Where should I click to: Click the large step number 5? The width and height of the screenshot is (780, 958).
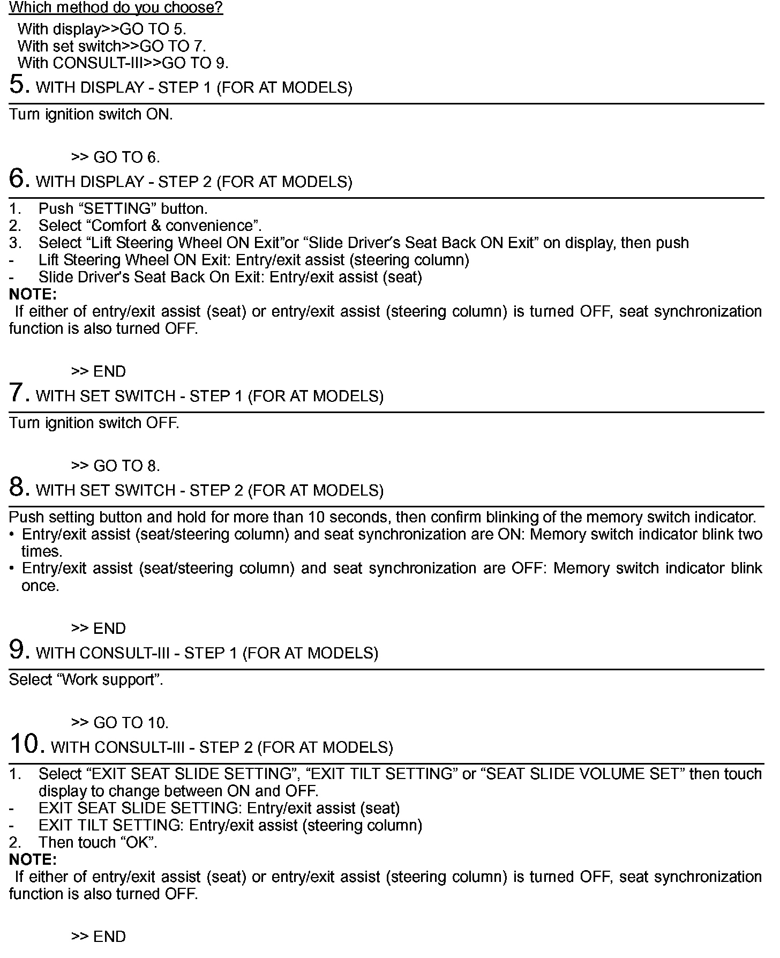(18, 85)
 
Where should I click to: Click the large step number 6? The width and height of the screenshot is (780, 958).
(18, 179)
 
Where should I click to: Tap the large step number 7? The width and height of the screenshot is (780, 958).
(18, 393)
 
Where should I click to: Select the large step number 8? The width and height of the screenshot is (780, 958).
(18, 488)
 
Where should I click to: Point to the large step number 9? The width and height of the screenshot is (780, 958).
(18, 650)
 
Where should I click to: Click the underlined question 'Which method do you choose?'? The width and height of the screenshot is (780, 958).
(116, 8)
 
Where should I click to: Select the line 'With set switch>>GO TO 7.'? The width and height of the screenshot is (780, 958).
(111, 46)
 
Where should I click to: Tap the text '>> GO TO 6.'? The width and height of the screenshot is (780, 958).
(116, 157)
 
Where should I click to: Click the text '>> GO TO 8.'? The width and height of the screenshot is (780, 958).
(116, 466)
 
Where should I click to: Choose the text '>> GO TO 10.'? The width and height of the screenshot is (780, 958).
(120, 722)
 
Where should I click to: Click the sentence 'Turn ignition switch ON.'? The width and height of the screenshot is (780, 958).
(91, 114)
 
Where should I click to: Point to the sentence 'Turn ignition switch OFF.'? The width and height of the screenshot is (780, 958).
(94, 423)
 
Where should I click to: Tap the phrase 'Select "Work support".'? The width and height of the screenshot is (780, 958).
(86, 679)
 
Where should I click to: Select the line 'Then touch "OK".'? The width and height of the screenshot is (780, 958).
(98, 842)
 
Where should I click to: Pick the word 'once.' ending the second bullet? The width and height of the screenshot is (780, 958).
(40, 586)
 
